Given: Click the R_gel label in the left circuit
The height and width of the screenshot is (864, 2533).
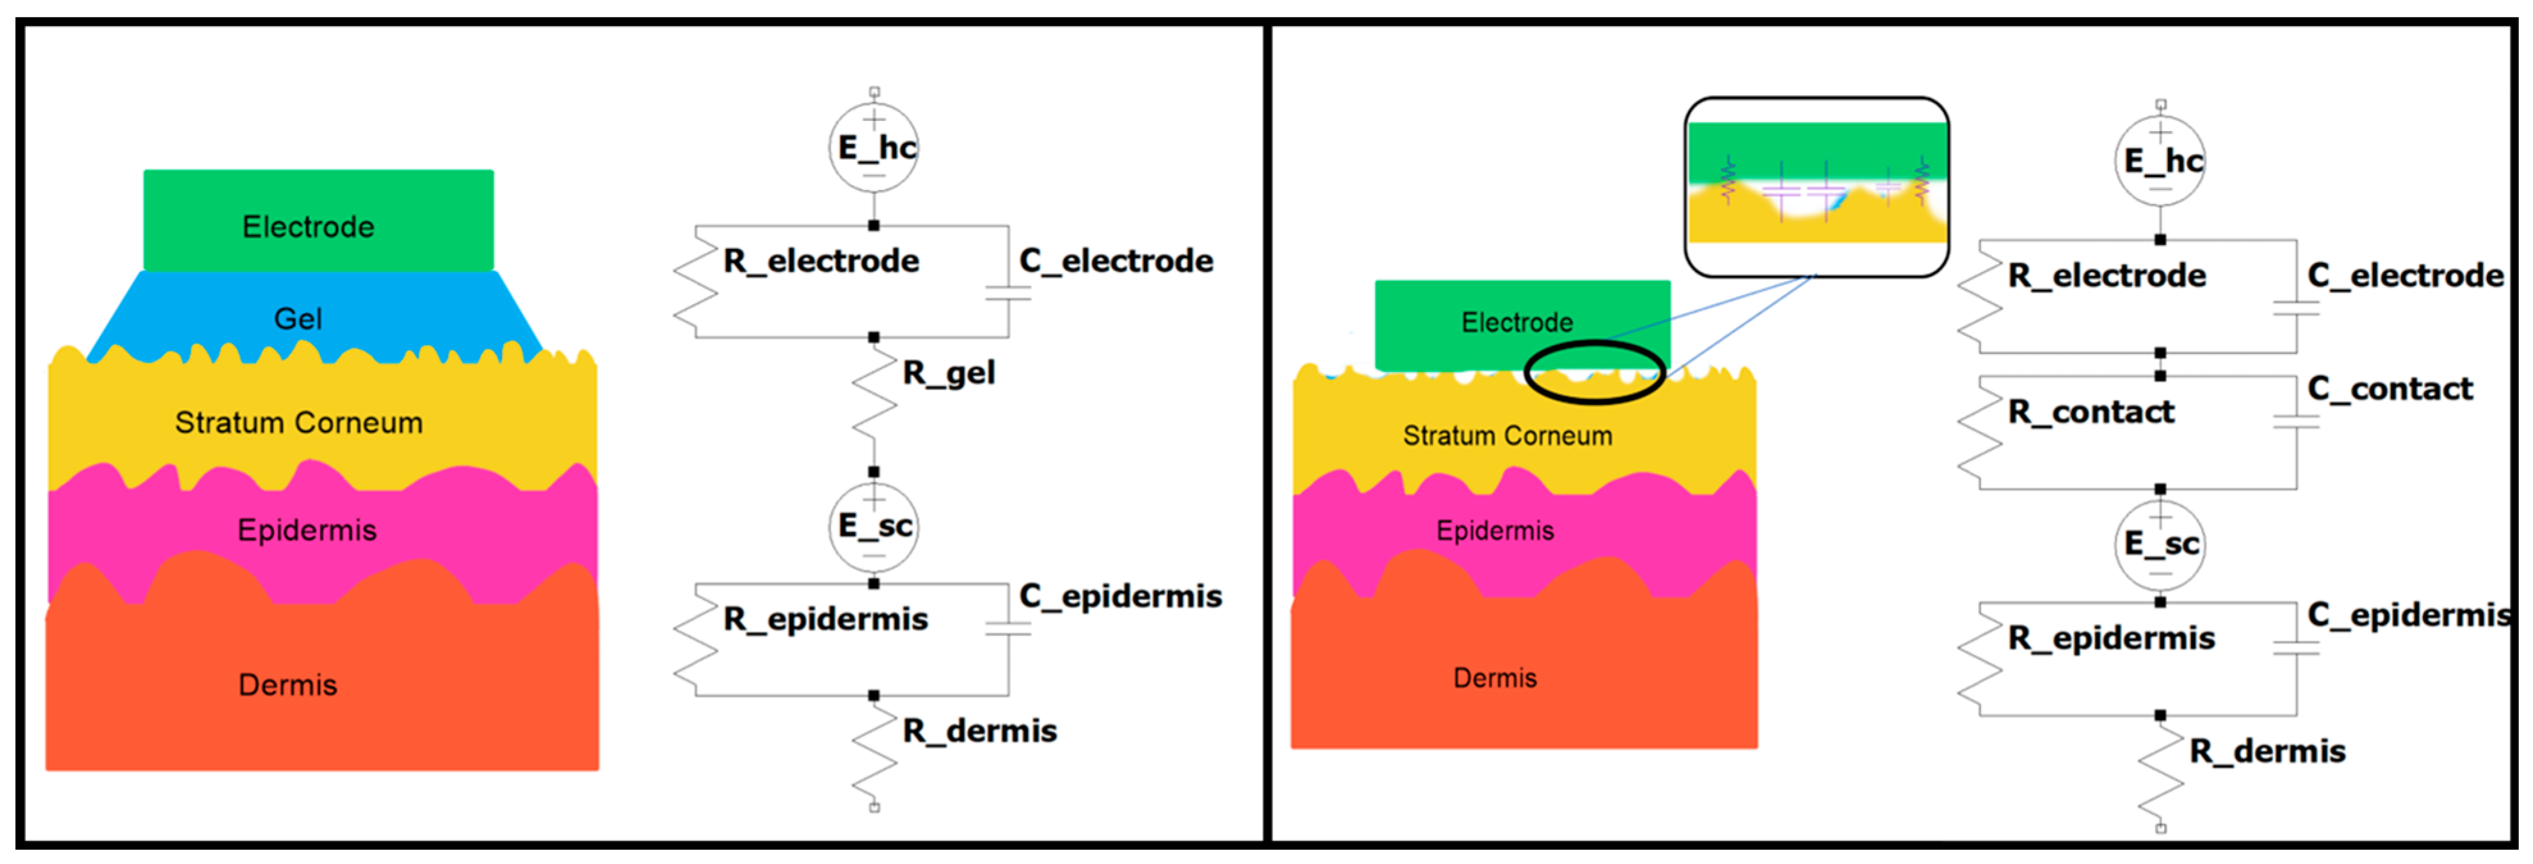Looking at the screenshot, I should click(x=948, y=374).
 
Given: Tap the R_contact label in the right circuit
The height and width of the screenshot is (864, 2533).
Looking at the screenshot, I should click(x=2091, y=412).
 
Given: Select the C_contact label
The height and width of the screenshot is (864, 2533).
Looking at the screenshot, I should click(x=2390, y=389).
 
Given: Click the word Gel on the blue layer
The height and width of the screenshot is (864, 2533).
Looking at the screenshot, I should click(x=297, y=319).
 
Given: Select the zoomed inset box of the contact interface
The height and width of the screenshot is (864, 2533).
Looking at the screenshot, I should click(x=1816, y=187).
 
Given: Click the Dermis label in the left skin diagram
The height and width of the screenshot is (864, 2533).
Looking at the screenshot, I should click(x=287, y=684).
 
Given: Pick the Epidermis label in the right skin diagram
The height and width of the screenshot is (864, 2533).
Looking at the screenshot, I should click(x=1495, y=531).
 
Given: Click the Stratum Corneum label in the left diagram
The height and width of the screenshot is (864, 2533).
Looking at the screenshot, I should click(x=299, y=422).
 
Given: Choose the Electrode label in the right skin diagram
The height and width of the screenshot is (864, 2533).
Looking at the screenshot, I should click(x=1516, y=323).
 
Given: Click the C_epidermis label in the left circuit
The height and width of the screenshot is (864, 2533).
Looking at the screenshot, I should click(x=1120, y=596).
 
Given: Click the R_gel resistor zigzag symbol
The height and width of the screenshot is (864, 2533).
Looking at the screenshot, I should click(x=873, y=404).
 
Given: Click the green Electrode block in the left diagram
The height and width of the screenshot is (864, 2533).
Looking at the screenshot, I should click(x=319, y=220).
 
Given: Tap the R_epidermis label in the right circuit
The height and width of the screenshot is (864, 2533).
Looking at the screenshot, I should click(x=2111, y=639).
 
